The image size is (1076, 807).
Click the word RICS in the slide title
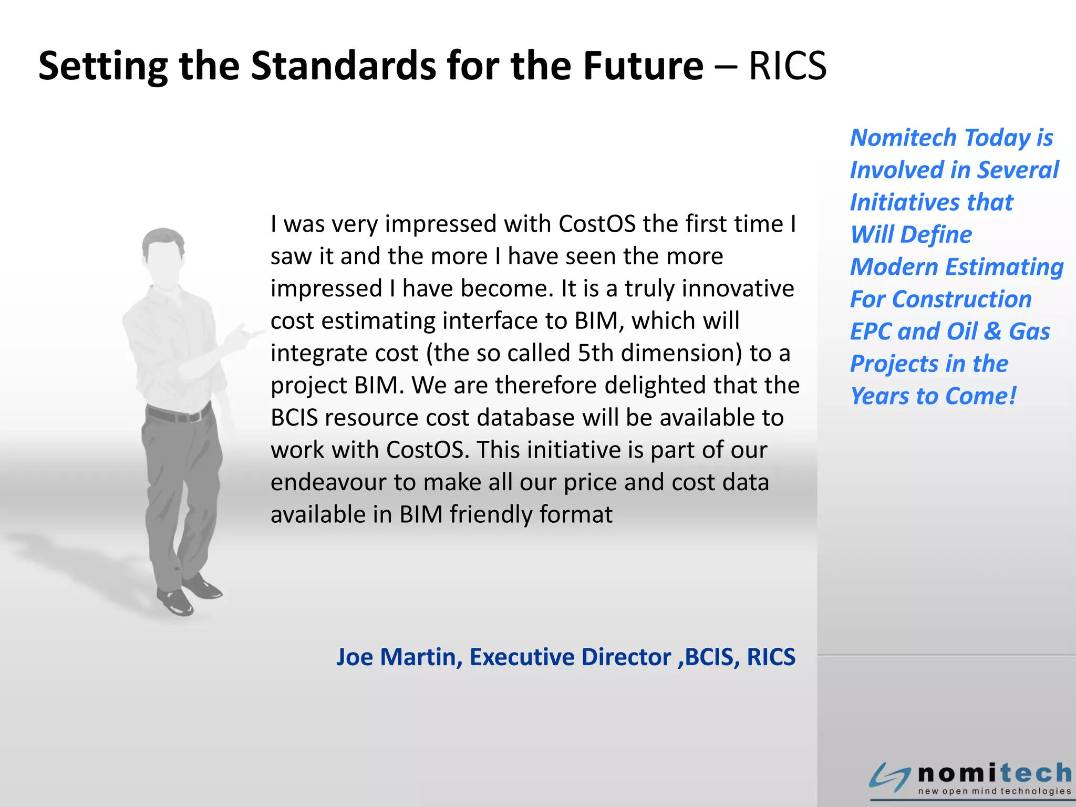pos(787,66)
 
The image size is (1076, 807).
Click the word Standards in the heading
pos(344,66)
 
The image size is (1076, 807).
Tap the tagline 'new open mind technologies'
pos(994,791)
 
